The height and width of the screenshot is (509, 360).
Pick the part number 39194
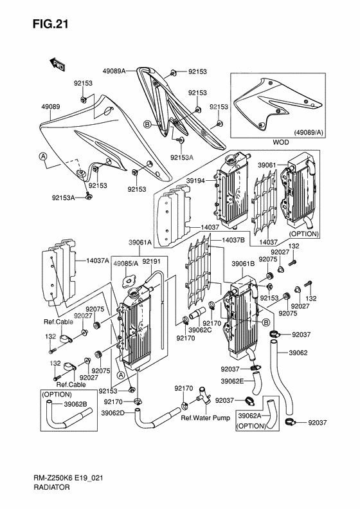[x=195, y=181]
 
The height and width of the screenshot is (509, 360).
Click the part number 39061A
[x=139, y=243]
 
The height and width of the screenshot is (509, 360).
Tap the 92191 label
[x=151, y=262]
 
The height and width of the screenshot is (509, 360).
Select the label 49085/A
[x=126, y=263]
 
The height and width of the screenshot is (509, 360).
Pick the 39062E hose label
[x=233, y=382]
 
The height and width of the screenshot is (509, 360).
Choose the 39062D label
[x=130, y=412]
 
